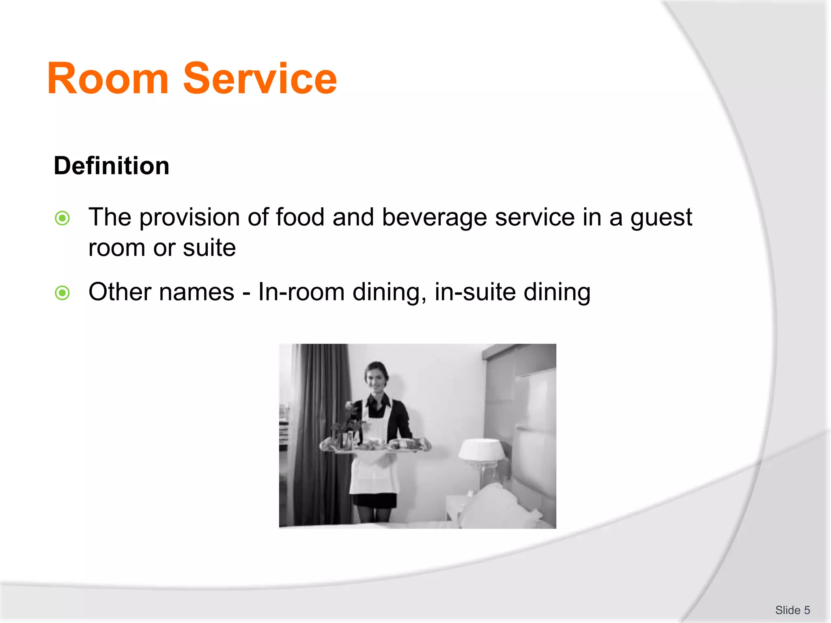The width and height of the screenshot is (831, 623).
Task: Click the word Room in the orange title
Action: (x=108, y=79)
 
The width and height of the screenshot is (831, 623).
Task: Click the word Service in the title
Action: (x=260, y=79)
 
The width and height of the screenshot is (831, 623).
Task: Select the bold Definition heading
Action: (x=112, y=166)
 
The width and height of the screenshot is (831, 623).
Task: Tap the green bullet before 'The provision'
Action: (x=62, y=218)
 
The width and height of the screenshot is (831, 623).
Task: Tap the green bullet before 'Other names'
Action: (x=62, y=293)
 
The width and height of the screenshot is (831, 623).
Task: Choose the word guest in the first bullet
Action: (x=661, y=217)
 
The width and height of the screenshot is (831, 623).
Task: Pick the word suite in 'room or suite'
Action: (x=209, y=248)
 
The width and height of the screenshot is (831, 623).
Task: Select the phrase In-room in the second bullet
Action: (x=301, y=292)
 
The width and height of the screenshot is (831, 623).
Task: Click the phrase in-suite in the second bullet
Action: (x=475, y=292)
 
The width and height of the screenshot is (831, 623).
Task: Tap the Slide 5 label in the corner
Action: (x=792, y=610)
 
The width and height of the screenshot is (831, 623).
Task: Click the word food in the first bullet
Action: (x=300, y=217)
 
